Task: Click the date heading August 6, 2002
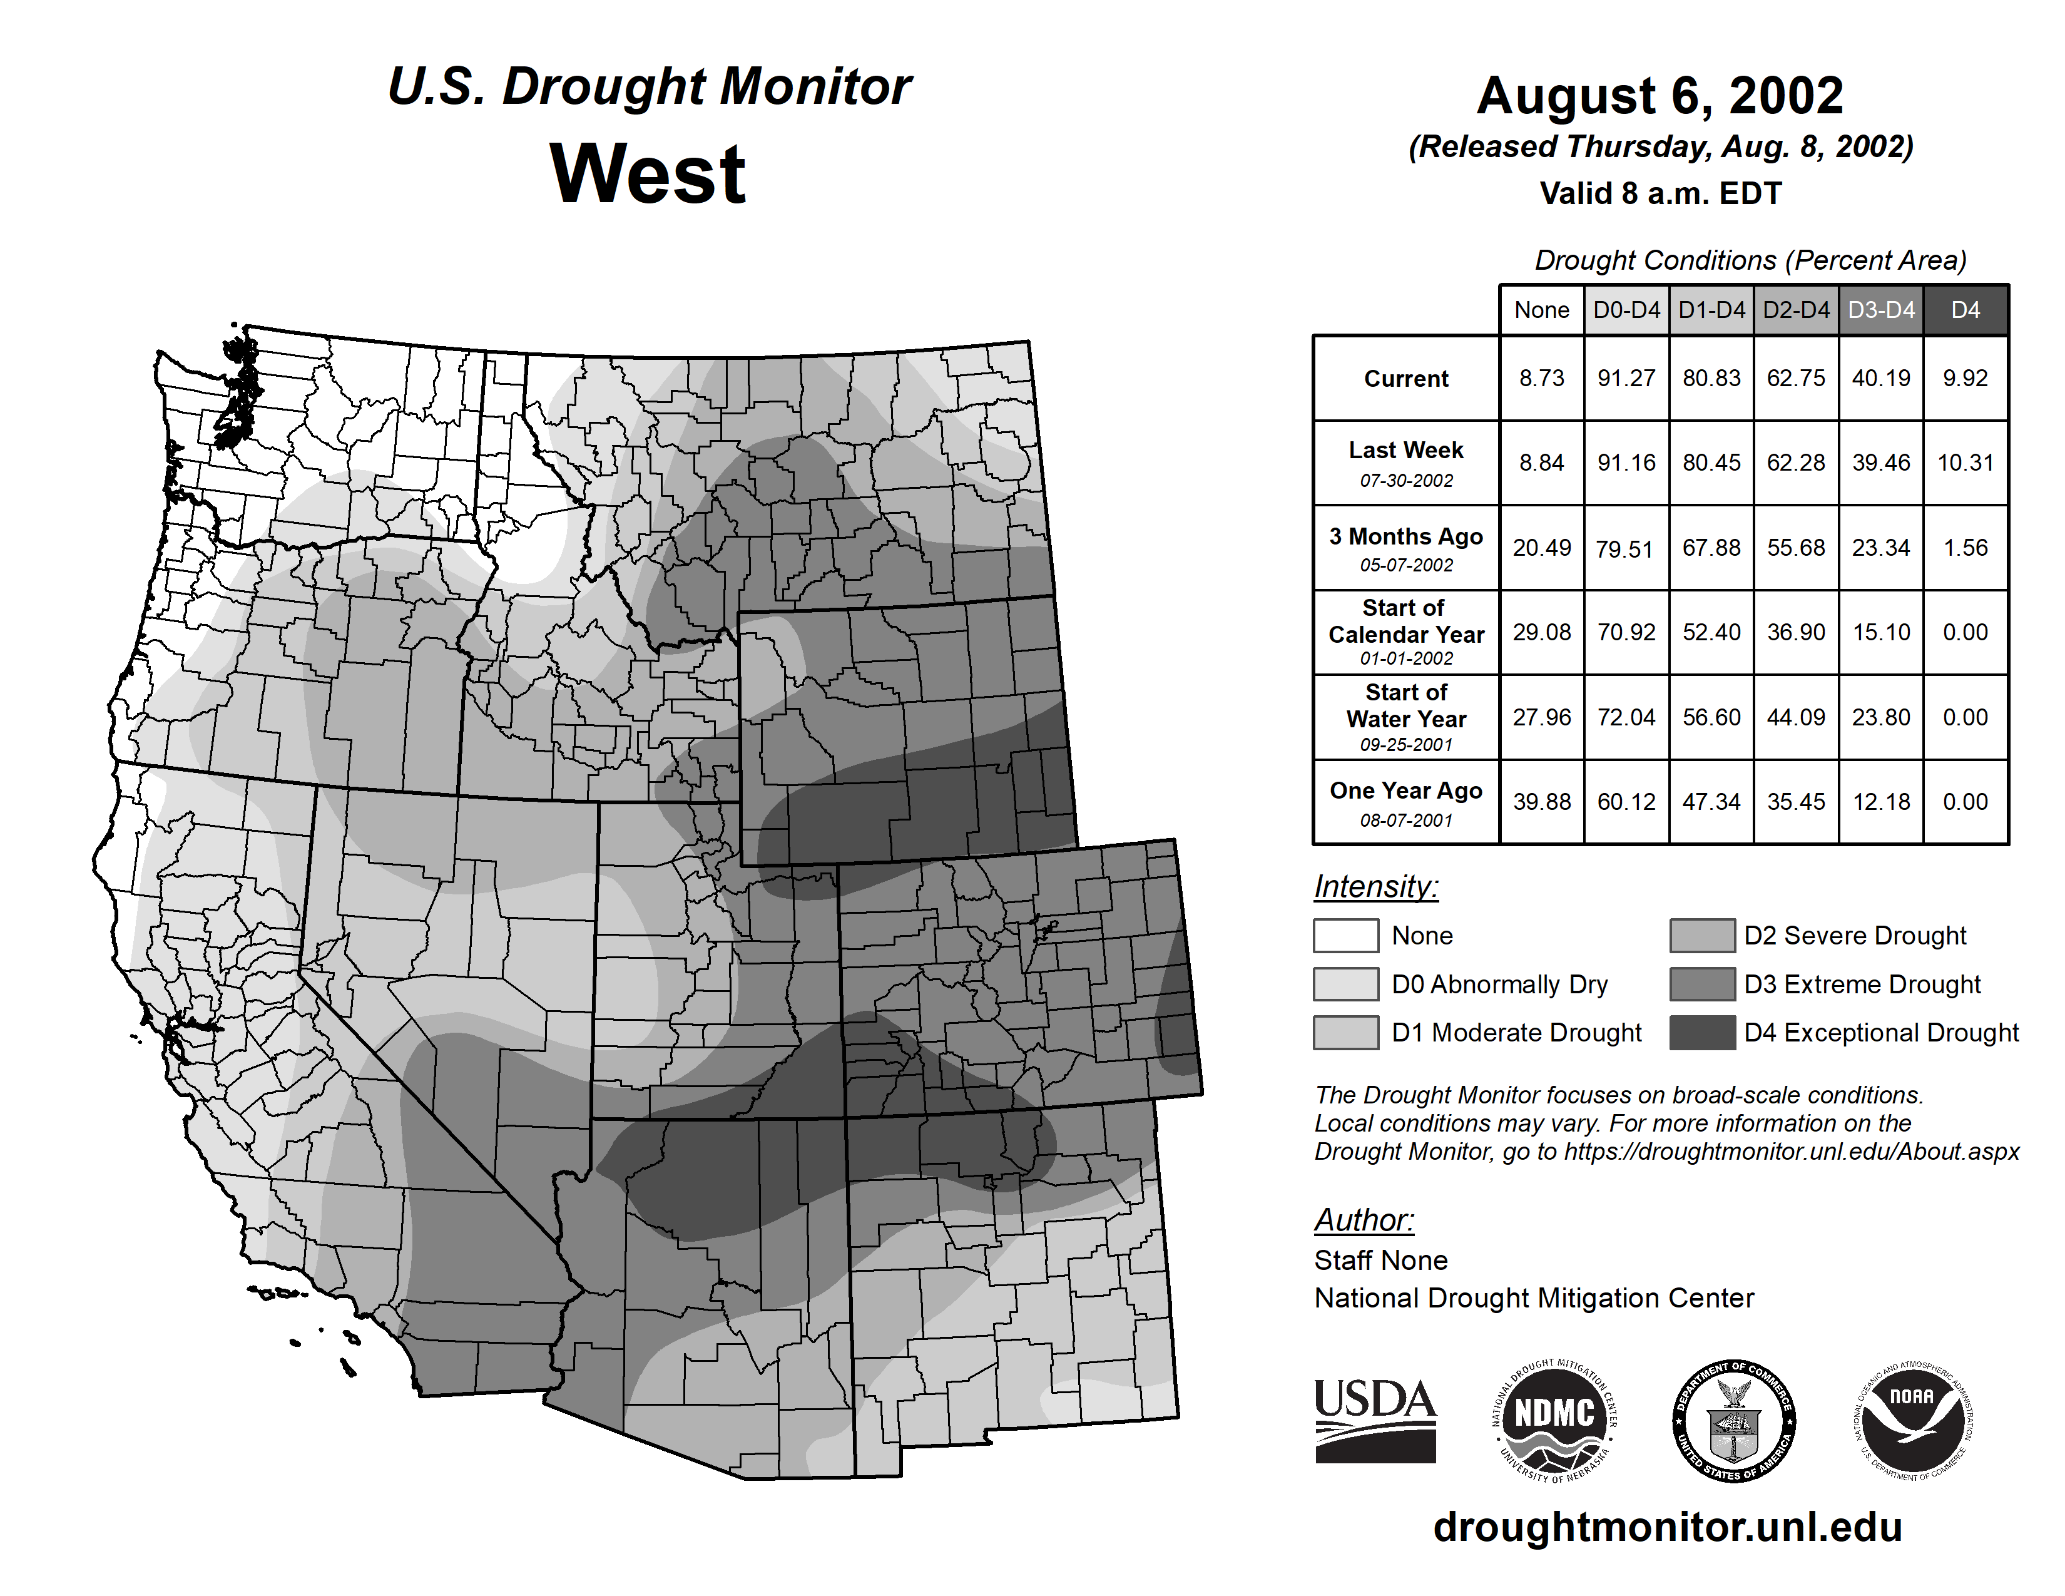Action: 1660,96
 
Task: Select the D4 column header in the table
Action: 1965,310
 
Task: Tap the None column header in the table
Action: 1541,310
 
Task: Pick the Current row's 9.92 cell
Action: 1965,378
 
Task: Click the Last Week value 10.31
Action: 1965,463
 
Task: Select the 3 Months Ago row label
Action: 1406,548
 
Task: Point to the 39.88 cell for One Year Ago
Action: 1541,802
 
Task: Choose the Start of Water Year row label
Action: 1406,717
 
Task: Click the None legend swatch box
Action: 1345,935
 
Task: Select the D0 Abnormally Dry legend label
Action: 1499,985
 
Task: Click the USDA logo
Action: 1375,1420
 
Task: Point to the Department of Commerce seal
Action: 1734,1420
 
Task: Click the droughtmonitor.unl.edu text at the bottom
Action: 1667,1528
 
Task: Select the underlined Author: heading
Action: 1364,1220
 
